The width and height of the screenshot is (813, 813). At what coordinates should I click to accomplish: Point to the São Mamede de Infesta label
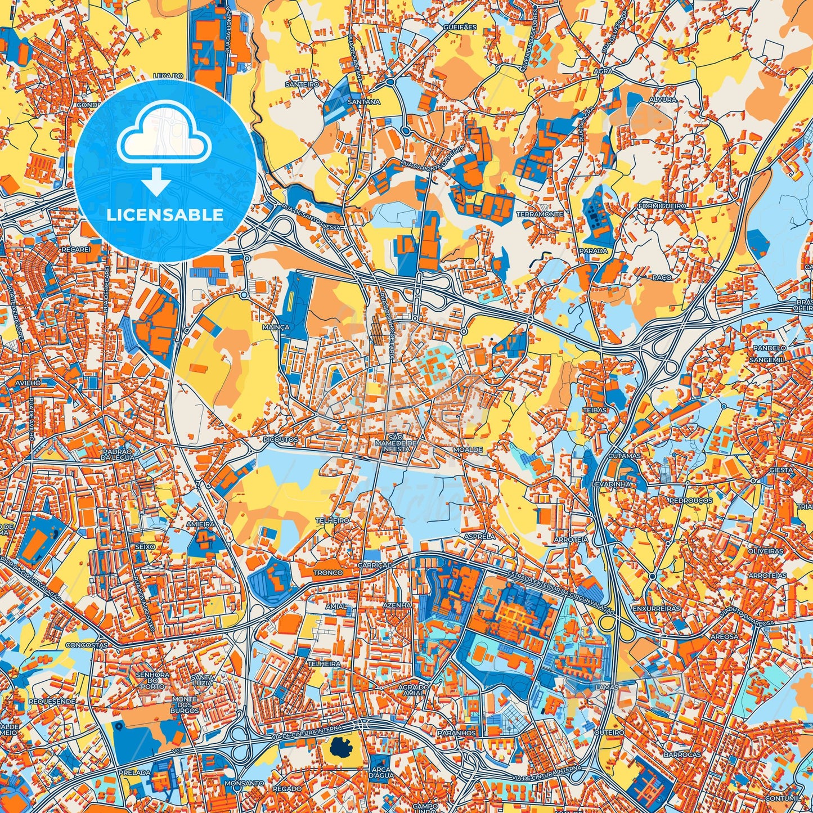click(396, 443)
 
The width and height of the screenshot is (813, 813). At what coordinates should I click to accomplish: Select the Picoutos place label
click(280, 439)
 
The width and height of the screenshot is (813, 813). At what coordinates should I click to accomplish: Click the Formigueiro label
click(662, 206)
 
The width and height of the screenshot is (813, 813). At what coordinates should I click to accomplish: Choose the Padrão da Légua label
click(118, 455)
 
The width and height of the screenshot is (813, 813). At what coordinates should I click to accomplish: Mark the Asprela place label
click(479, 536)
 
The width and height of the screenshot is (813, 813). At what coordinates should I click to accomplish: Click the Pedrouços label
click(691, 500)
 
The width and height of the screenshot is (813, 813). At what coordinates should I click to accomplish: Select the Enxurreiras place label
click(656, 609)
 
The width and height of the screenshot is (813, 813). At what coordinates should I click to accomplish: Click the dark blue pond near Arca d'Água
click(340, 748)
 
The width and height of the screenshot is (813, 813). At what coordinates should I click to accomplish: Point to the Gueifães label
click(459, 27)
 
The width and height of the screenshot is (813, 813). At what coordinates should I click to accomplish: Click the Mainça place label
click(276, 327)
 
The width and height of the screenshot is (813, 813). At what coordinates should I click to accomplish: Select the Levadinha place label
click(611, 484)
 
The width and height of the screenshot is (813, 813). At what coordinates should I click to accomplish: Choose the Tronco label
click(328, 573)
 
